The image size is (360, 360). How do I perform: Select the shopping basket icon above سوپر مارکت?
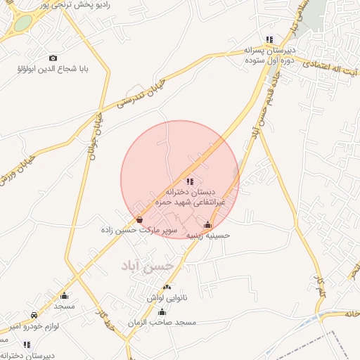pos(140,220)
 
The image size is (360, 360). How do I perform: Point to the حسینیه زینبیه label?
pos(207,236)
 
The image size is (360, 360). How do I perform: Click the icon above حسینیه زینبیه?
pos(207,226)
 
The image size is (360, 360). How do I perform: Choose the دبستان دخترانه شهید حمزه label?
pos(190,196)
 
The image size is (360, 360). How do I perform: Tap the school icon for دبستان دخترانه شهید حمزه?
pos(191,181)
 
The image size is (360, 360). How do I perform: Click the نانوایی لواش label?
pos(167,297)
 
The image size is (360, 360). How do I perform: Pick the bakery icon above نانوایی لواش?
pos(167,288)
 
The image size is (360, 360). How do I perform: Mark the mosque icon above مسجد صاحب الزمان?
pos(162,311)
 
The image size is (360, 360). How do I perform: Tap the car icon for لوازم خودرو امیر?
pos(34,315)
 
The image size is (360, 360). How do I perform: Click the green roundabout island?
pos(23,22)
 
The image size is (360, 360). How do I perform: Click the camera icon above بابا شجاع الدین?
pos(53,58)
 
